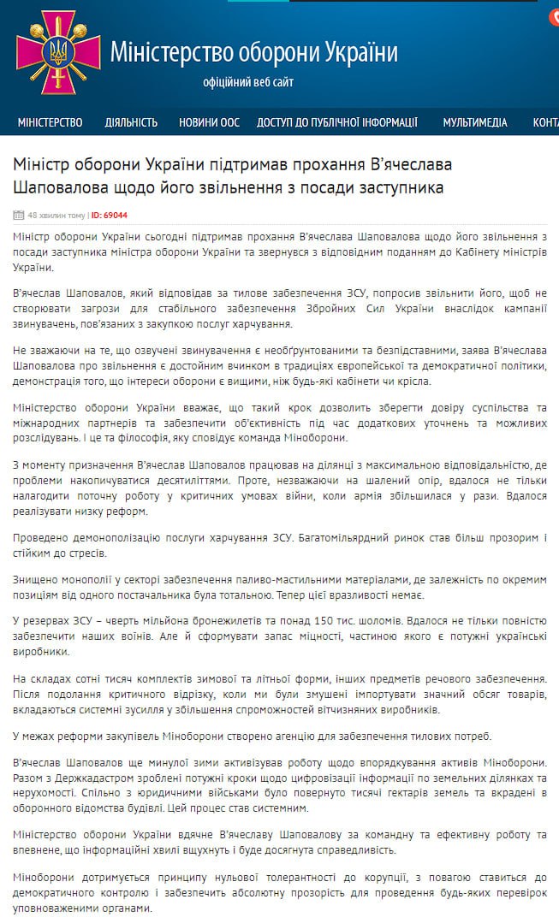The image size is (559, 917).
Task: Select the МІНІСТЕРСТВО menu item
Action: [50, 122]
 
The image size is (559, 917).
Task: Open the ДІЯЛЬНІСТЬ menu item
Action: [131, 122]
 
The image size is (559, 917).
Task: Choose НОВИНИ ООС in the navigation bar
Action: [209, 122]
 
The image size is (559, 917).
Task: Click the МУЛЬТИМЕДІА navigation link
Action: [475, 122]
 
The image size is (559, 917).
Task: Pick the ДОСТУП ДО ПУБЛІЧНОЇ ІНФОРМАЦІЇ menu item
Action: [337, 122]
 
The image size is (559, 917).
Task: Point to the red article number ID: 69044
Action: [109, 215]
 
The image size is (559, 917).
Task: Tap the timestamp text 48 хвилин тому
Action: [57, 215]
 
